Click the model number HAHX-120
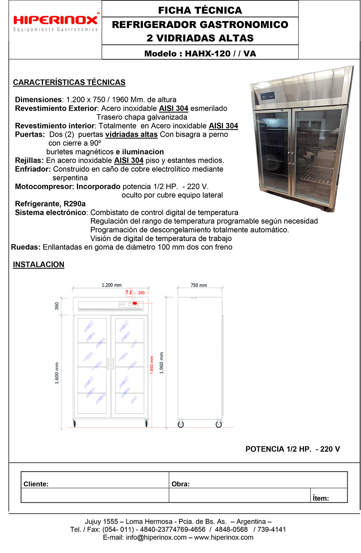(x=208, y=54)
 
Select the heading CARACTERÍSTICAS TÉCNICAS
(x=69, y=82)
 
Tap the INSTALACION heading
(x=39, y=265)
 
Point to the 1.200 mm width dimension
(x=112, y=285)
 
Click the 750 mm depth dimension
(x=199, y=285)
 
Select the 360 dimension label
(x=57, y=306)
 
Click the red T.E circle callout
(x=129, y=292)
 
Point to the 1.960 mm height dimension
(x=161, y=363)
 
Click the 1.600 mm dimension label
(x=57, y=373)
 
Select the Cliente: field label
(x=36, y=484)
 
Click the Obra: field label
(x=180, y=484)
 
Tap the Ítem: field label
(x=321, y=498)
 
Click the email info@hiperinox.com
(x=156, y=537)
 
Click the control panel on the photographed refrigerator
(x=268, y=97)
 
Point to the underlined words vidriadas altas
(x=131, y=134)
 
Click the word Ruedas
(x=25, y=247)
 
